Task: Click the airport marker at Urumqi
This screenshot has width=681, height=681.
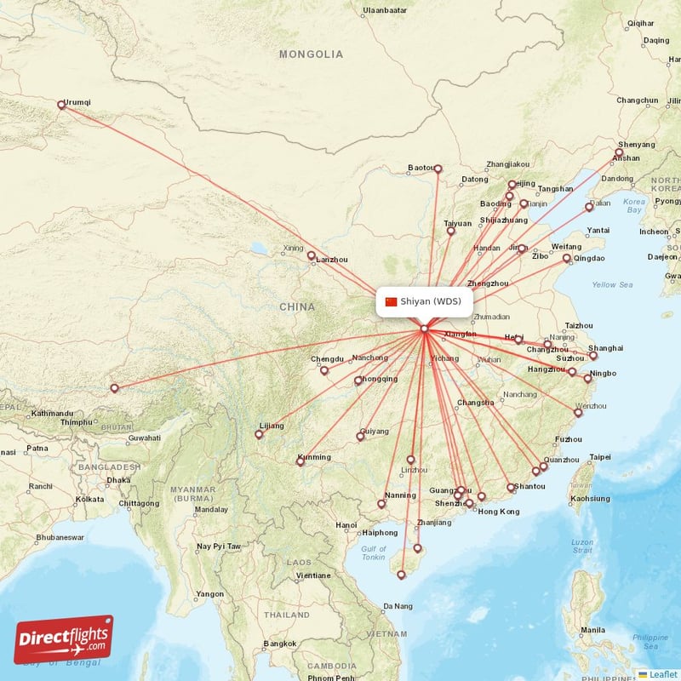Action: [61, 106]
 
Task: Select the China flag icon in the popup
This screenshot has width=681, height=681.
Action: [392, 301]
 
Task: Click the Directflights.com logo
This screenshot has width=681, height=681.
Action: [64, 639]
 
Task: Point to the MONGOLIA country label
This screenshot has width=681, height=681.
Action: [312, 54]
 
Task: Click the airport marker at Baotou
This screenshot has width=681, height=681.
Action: [438, 169]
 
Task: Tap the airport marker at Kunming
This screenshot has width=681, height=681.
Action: [300, 461]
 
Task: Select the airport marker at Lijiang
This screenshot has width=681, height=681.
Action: [259, 435]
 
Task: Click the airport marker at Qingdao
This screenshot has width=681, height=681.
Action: [567, 258]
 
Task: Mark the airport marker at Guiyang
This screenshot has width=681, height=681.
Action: [360, 437]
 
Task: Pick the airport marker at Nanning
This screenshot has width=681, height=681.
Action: [381, 504]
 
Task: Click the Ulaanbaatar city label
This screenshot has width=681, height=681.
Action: [386, 10]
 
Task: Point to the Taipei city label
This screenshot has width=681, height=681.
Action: [600, 457]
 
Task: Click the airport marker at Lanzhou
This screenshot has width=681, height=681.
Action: [312, 255]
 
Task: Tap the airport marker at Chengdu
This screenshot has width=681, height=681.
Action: [324, 370]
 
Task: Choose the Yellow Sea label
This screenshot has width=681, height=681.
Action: [612, 285]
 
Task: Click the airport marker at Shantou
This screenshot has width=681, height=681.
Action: [512, 488]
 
